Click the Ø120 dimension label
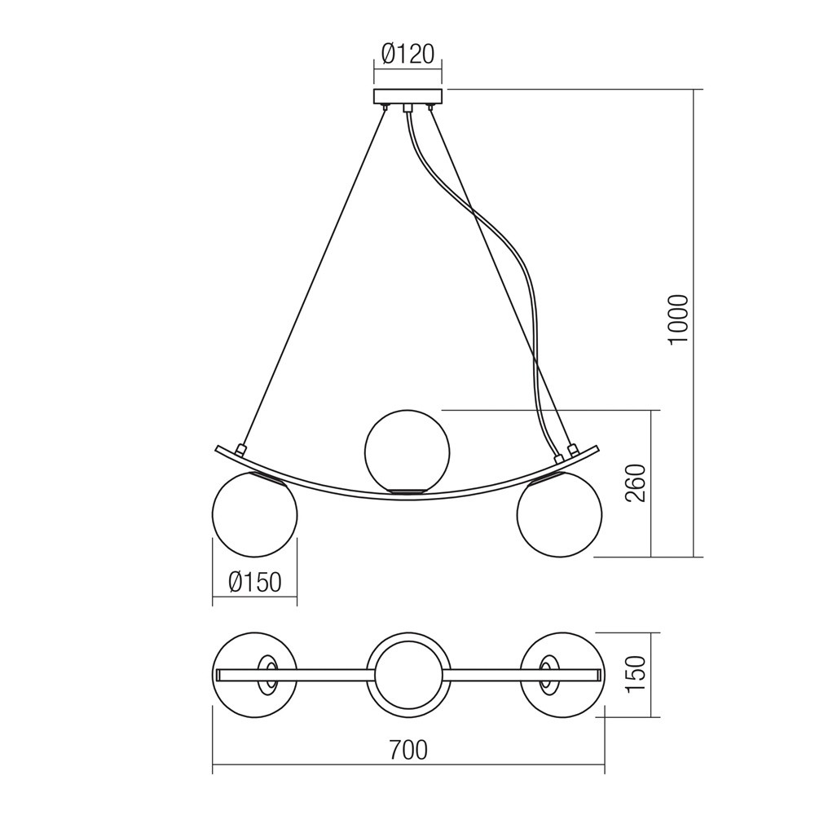click(x=407, y=54)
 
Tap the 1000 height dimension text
click(x=679, y=318)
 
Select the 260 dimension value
click(x=635, y=482)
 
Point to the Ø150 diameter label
click(x=254, y=582)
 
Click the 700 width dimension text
click(x=408, y=750)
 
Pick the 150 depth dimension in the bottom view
click(x=635, y=675)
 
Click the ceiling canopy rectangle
click(x=407, y=96)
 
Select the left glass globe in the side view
click(x=254, y=514)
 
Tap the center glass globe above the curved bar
click(x=407, y=450)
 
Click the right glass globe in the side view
click(x=559, y=514)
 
